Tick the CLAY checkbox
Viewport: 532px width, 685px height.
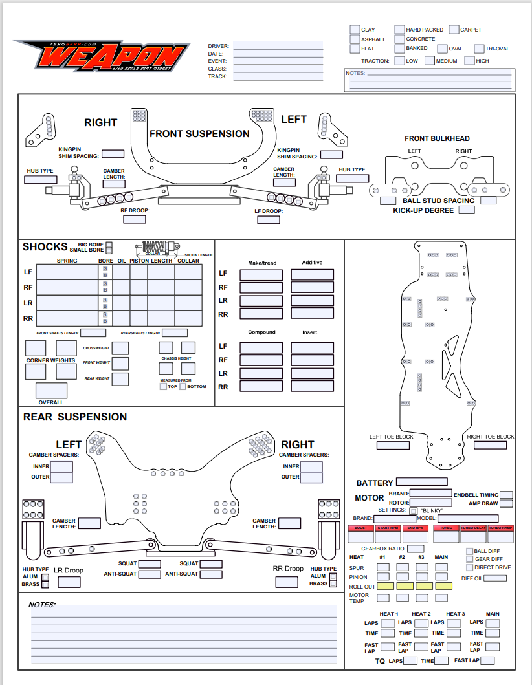pyautogui.click(x=355, y=29)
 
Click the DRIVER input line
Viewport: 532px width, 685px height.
pyautogui.click(x=278, y=46)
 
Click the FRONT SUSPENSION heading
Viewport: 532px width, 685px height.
pyautogui.click(x=199, y=134)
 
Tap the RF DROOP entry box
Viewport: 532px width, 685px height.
pyautogui.click(x=135, y=219)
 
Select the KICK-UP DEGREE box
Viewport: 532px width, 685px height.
pyautogui.click(x=467, y=210)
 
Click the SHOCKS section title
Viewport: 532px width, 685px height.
pyautogui.click(x=45, y=246)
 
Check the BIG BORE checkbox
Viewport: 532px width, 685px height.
pyautogui.click(x=109, y=245)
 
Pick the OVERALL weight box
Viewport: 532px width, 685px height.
pyautogui.click(x=51, y=391)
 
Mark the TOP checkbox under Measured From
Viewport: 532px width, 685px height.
pyautogui.click(x=163, y=387)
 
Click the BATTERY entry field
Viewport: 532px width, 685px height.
pyautogui.click(x=421, y=482)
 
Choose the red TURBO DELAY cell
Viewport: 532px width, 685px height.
pyautogui.click(x=472, y=533)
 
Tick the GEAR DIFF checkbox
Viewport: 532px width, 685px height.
pyautogui.click(x=470, y=559)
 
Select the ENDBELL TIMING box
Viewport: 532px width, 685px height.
pyautogui.click(x=506, y=495)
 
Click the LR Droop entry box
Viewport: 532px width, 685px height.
pyautogui.click(x=69, y=582)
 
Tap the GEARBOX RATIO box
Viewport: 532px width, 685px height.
pyautogui.click(x=415, y=549)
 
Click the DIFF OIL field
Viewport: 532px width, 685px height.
pyautogui.click(x=495, y=578)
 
